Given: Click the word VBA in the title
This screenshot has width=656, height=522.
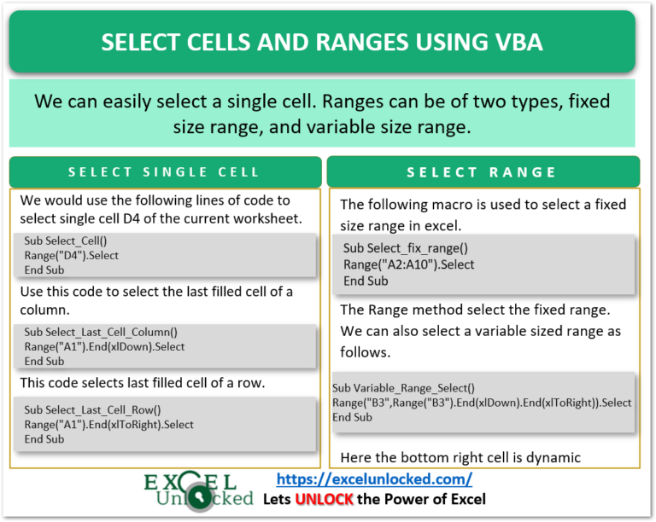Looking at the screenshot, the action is click(x=518, y=42).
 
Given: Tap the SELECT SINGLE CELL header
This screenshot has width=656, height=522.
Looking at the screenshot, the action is click(x=164, y=172).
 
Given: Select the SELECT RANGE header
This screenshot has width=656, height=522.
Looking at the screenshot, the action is click(x=482, y=172).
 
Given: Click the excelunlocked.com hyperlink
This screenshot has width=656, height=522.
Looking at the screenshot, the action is click(x=374, y=479).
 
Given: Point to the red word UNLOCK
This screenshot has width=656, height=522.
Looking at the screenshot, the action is click(x=325, y=499).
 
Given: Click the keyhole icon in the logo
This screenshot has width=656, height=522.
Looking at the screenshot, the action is click(x=199, y=497).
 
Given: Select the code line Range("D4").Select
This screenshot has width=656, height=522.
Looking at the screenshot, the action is click(x=71, y=256).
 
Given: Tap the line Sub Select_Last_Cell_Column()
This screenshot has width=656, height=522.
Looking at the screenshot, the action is click(x=101, y=333).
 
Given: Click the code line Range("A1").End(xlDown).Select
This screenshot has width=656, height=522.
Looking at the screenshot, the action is click(x=104, y=346).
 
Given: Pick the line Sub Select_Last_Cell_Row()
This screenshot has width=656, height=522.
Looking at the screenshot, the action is click(x=92, y=410).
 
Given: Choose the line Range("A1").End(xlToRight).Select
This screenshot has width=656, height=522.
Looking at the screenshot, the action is click(x=108, y=425).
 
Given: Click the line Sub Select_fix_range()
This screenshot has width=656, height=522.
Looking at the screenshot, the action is click(x=406, y=248).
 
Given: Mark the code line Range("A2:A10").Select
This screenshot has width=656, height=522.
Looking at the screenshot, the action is click(x=409, y=264).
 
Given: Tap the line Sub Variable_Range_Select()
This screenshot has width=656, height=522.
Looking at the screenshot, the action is click(x=403, y=388).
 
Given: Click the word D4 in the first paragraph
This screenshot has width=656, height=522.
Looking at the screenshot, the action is click(x=132, y=218).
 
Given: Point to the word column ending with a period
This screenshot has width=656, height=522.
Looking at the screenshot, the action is click(x=44, y=310).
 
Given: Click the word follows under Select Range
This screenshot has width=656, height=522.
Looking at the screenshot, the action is click(x=366, y=352).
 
